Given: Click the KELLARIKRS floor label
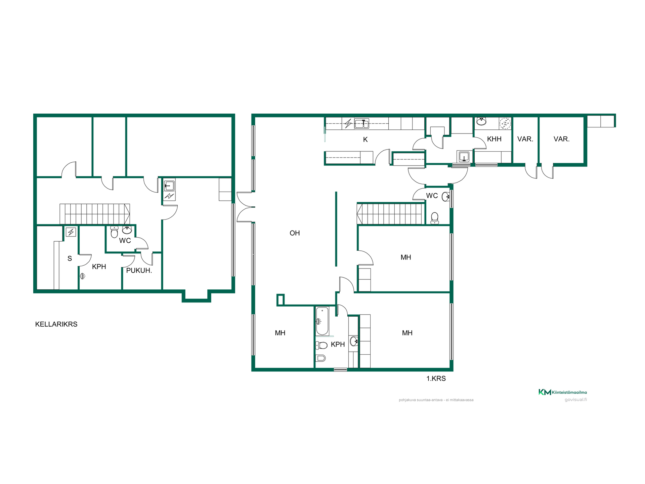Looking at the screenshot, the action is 56,324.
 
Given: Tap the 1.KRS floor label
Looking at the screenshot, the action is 436,378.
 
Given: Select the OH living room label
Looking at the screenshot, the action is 295,233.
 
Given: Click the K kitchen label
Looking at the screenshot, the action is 365,139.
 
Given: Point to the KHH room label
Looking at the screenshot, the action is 494,139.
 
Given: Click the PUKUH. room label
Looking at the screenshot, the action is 139,271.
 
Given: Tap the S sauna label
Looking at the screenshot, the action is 70,258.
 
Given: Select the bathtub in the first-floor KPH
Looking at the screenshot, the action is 322,321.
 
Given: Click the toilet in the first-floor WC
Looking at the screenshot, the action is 435,218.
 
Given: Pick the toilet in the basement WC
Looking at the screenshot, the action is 114,232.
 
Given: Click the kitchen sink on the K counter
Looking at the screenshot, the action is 362,123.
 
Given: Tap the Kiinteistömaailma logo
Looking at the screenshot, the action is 563,392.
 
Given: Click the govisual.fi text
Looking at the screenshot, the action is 576,400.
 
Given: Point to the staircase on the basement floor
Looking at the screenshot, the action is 95,214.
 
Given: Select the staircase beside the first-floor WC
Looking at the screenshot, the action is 390,214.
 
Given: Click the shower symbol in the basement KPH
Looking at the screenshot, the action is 83,276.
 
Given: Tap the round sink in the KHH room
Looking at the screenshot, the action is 481,121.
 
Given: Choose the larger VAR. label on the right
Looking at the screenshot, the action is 561,139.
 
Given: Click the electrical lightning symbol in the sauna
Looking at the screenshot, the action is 71,232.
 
